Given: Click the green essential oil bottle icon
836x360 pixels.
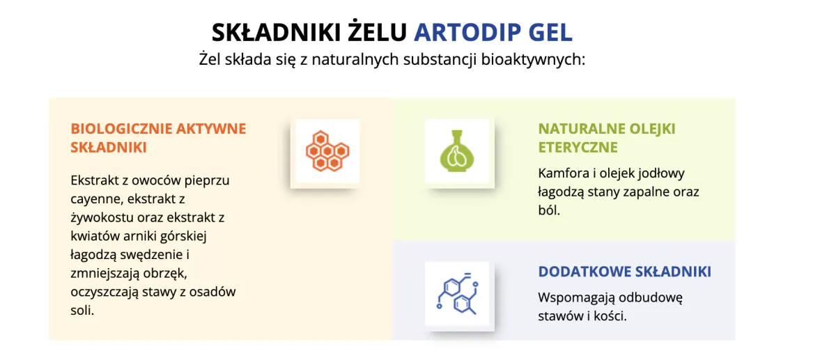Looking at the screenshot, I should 459,151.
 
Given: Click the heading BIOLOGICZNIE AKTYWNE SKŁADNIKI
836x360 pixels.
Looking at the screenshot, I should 158,138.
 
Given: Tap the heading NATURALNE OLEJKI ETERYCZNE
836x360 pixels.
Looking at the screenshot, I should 606,138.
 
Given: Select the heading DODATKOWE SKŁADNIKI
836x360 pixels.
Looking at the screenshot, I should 624,272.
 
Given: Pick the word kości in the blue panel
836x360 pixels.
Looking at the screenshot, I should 611,316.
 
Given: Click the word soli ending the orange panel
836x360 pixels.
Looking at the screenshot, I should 82,311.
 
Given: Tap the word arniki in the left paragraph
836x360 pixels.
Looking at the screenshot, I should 139,236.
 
